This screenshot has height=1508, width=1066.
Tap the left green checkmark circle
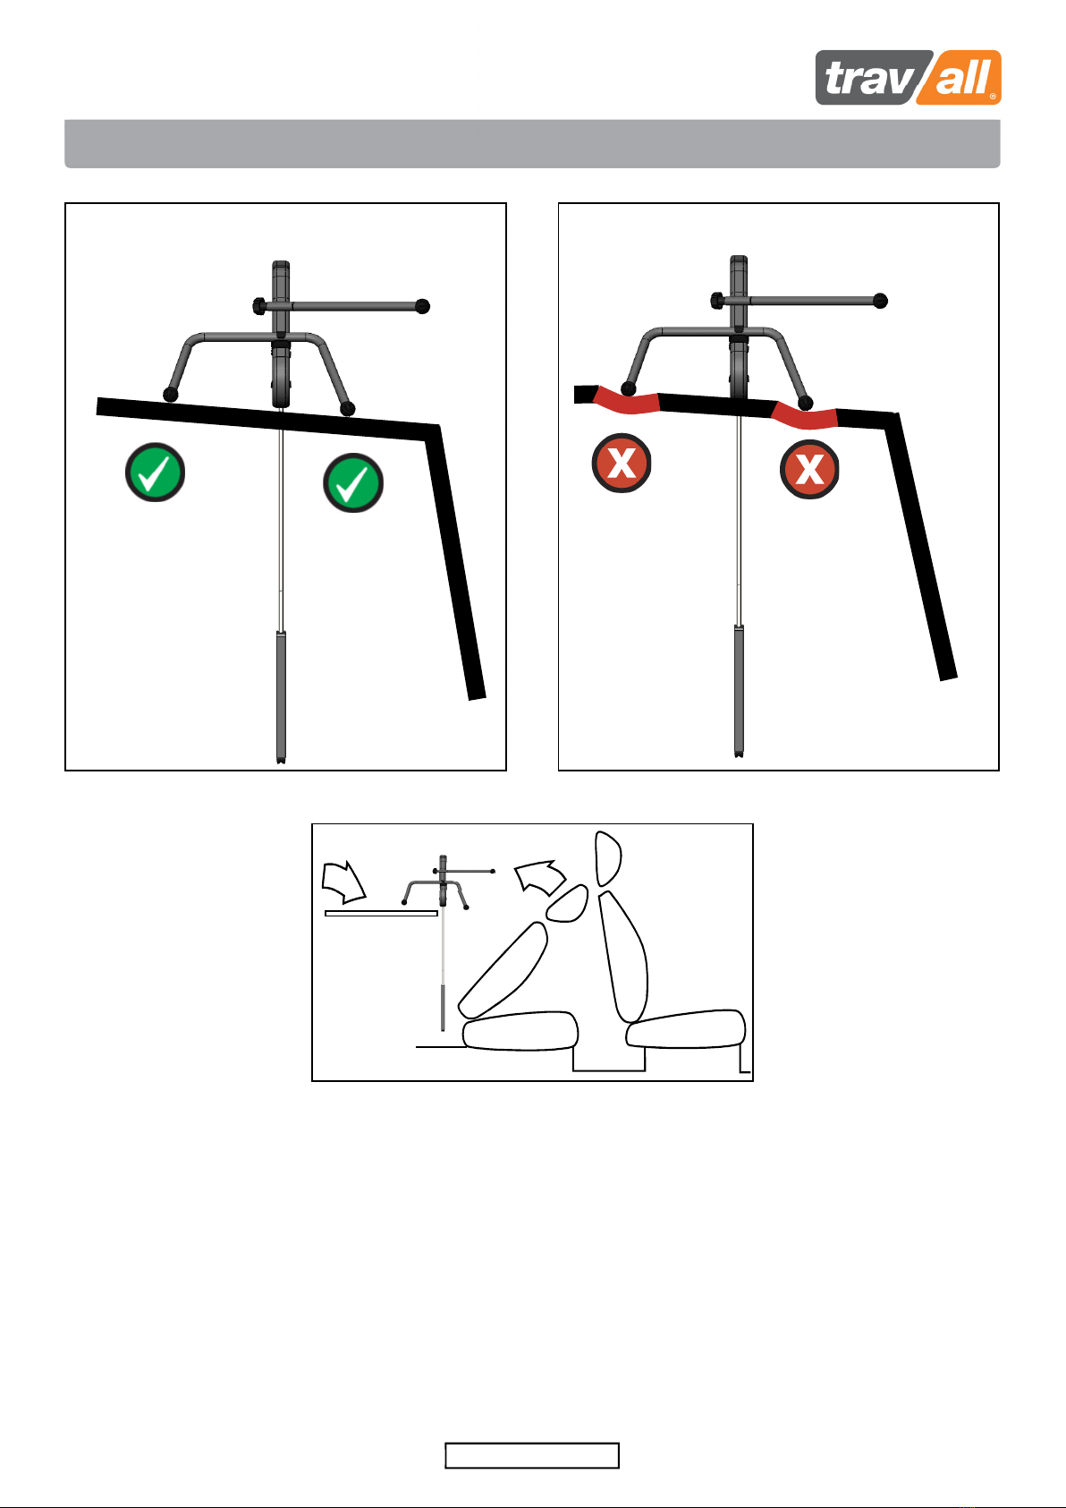[x=155, y=473]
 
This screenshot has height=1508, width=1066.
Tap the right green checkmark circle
[x=353, y=482]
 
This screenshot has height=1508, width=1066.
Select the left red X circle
[x=622, y=464]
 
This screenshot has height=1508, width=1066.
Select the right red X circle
[x=809, y=469]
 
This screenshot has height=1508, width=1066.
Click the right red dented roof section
[x=804, y=416]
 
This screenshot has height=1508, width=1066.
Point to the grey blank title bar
[x=532, y=144]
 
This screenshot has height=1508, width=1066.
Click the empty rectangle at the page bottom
[x=532, y=1455]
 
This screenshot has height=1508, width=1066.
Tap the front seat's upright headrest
[x=607, y=858]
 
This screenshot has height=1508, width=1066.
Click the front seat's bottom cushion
[x=686, y=1028]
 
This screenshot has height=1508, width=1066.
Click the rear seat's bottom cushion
[x=520, y=1031]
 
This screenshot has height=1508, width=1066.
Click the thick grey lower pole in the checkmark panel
[x=281, y=696]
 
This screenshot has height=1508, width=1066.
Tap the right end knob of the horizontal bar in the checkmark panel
[x=422, y=306]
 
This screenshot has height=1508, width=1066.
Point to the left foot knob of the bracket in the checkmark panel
[x=170, y=395]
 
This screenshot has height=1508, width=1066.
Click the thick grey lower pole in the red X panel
[x=740, y=691]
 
